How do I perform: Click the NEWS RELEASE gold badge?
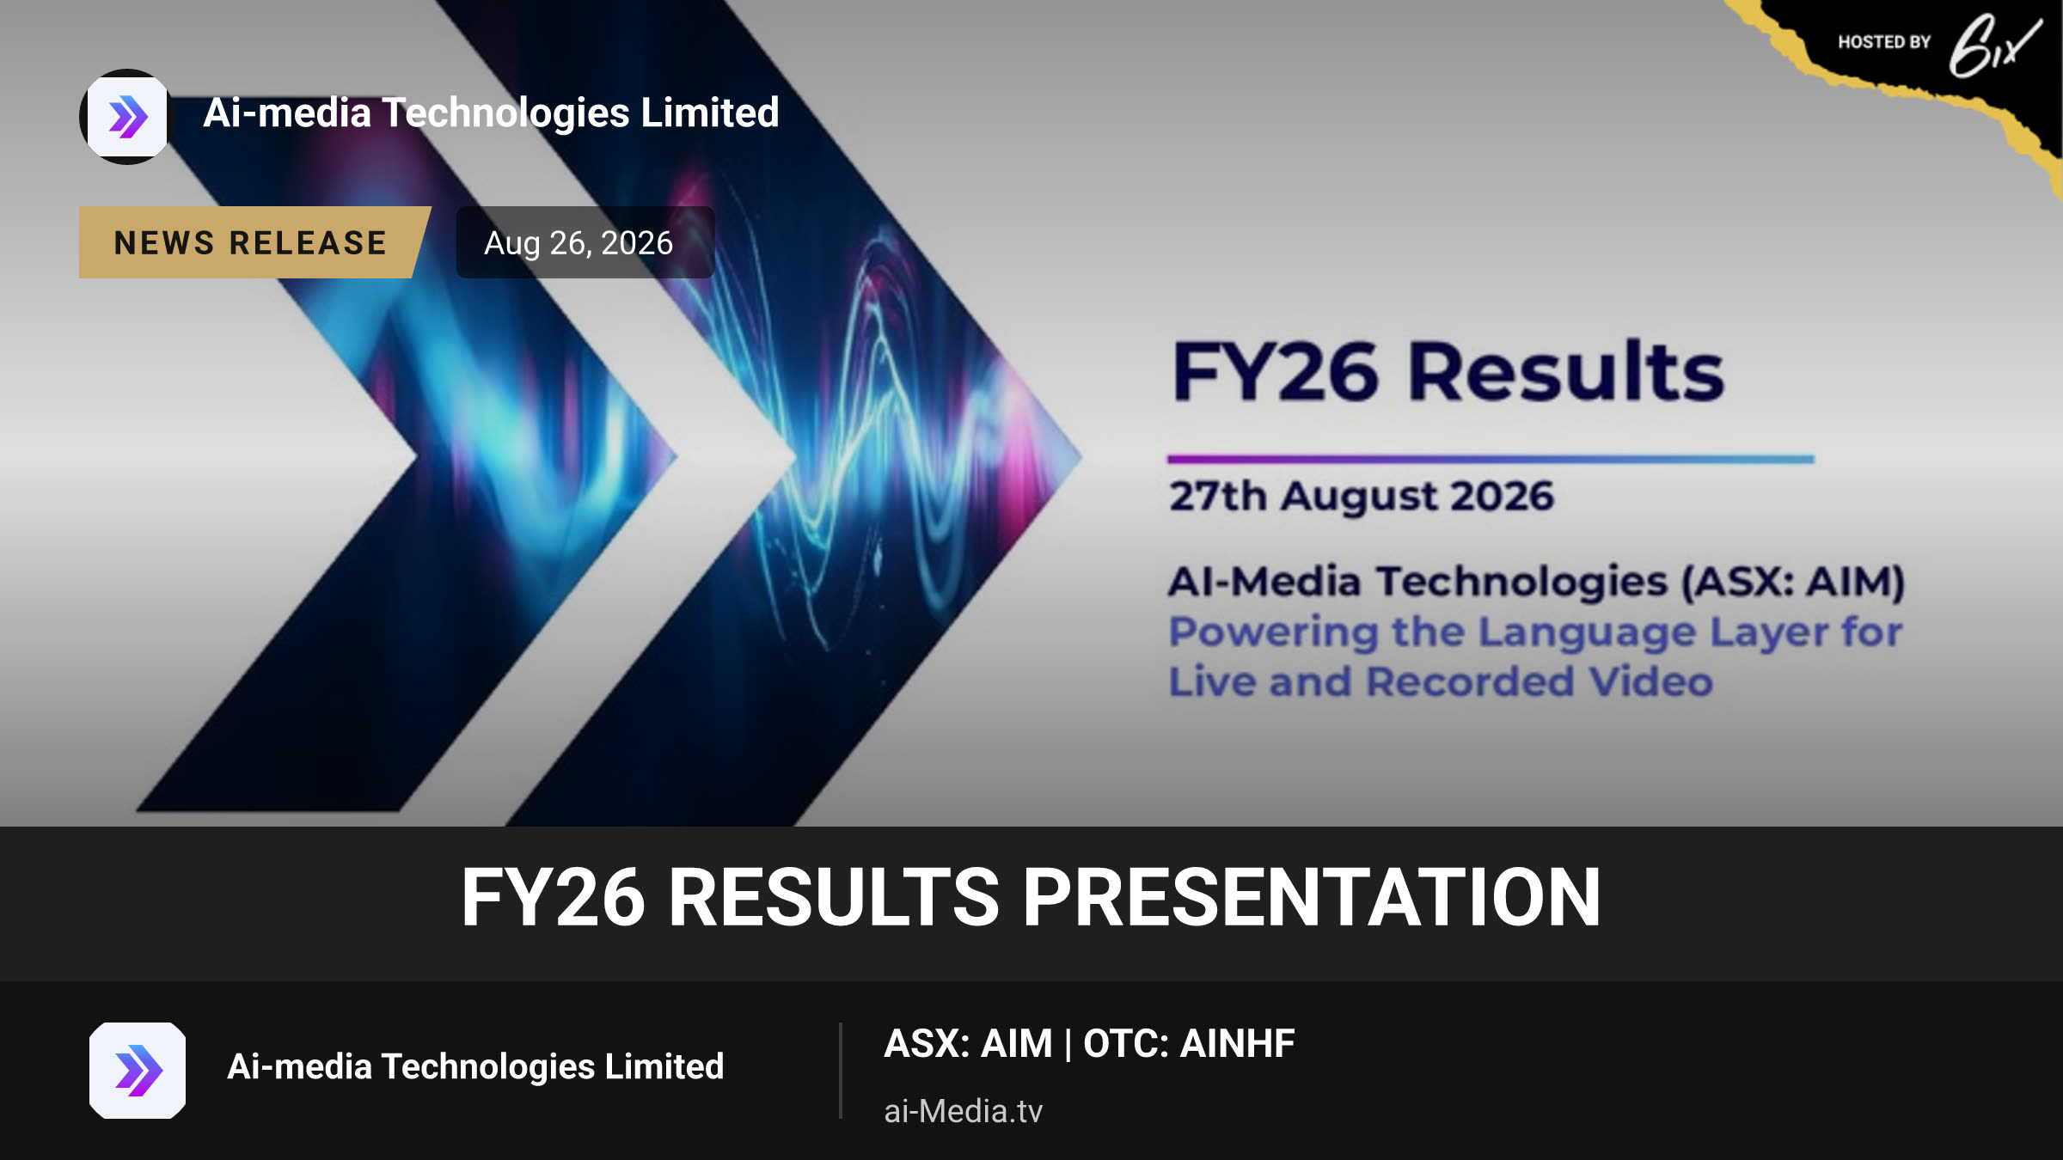pyautogui.click(x=254, y=242)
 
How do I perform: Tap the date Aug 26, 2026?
pyautogui.click(x=578, y=243)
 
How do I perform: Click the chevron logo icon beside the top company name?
pyautogui.click(x=127, y=117)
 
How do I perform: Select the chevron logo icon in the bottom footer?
pyautogui.click(x=138, y=1071)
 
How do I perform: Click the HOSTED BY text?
pyautogui.click(x=1884, y=42)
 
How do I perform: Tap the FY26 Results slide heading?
pyautogui.click(x=1448, y=372)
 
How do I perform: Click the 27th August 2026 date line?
pyautogui.click(x=1362, y=496)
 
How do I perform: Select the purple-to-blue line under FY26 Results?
pyautogui.click(x=1491, y=460)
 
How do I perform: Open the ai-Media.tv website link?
pyautogui.click(x=963, y=1111)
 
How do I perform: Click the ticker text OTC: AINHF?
pyautogui.click(x=1189, y=1044)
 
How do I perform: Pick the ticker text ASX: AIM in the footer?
pyautogui.click(x=968, y=1044)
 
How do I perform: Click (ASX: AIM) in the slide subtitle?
pyautogui.click(x=1792, y=583)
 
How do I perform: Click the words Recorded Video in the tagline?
pyautogui.click(x=1540, y=682)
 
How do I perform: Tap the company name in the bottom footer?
pyautogui.click(x=475, y=1067)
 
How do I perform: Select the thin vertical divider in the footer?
pyautogui.click(x=840, y=1071)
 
